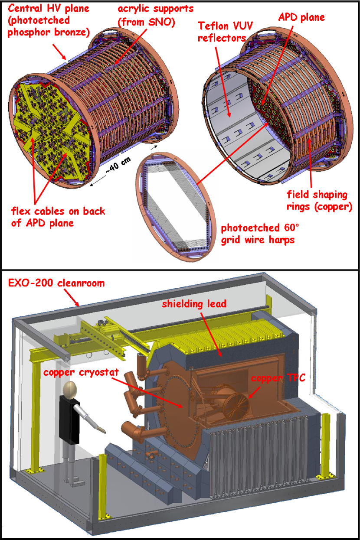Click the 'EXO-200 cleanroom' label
coord(56,283)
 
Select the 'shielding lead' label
coord(194,304)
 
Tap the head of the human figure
coord(71,388)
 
